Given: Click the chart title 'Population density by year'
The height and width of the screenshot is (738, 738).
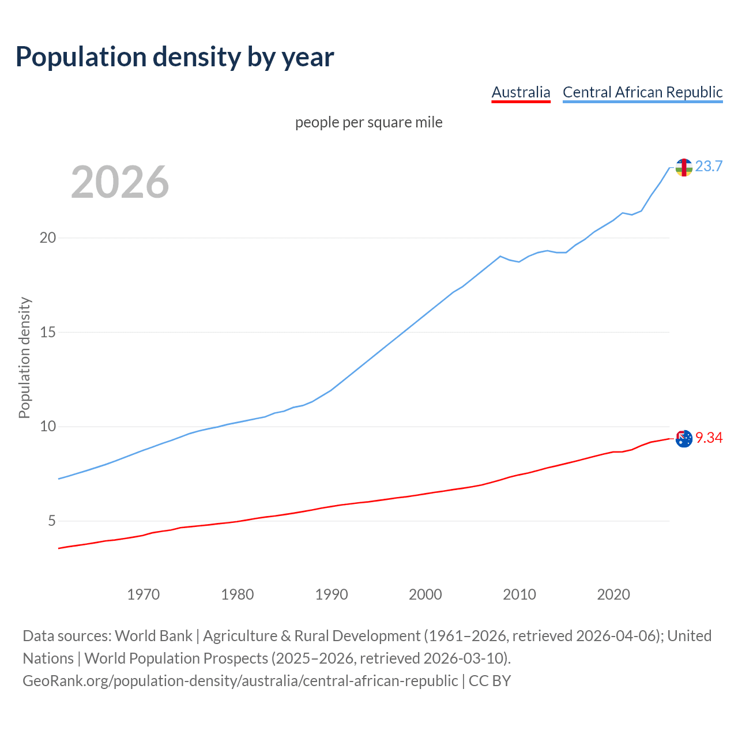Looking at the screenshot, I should click(175, 57).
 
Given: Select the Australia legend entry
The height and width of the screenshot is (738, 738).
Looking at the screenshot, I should click(521, 92).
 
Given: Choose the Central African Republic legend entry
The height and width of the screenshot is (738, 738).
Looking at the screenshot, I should click(642, 92).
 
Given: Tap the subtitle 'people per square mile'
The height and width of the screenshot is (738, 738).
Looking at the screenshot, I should click(369, 123).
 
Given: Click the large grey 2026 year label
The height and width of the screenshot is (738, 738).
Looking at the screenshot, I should click(120, 182).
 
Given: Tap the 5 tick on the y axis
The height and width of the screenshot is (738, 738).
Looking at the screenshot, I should click(51, 521).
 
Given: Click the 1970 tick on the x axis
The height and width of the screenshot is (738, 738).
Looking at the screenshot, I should click(143, 594).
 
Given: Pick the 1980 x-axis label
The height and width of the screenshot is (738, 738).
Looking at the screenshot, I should click(237, 594).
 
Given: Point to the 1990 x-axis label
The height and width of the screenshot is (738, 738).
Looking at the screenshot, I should click(332, 594).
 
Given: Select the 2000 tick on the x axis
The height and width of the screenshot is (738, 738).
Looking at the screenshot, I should click(426, 594).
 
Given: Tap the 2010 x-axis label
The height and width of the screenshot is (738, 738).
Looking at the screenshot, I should click(519, 594).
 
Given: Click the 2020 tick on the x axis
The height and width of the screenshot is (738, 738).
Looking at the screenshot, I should click(613, 594).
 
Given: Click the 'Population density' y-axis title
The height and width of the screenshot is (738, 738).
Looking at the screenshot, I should click(24, 357).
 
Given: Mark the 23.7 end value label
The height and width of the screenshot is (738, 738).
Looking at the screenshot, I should click(709, 167).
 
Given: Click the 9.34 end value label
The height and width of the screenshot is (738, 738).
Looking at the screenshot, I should click(709, 438).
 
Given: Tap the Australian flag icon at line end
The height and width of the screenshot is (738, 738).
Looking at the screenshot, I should click(684, 439).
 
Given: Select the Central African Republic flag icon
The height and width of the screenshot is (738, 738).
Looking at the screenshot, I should click(684, 167).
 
